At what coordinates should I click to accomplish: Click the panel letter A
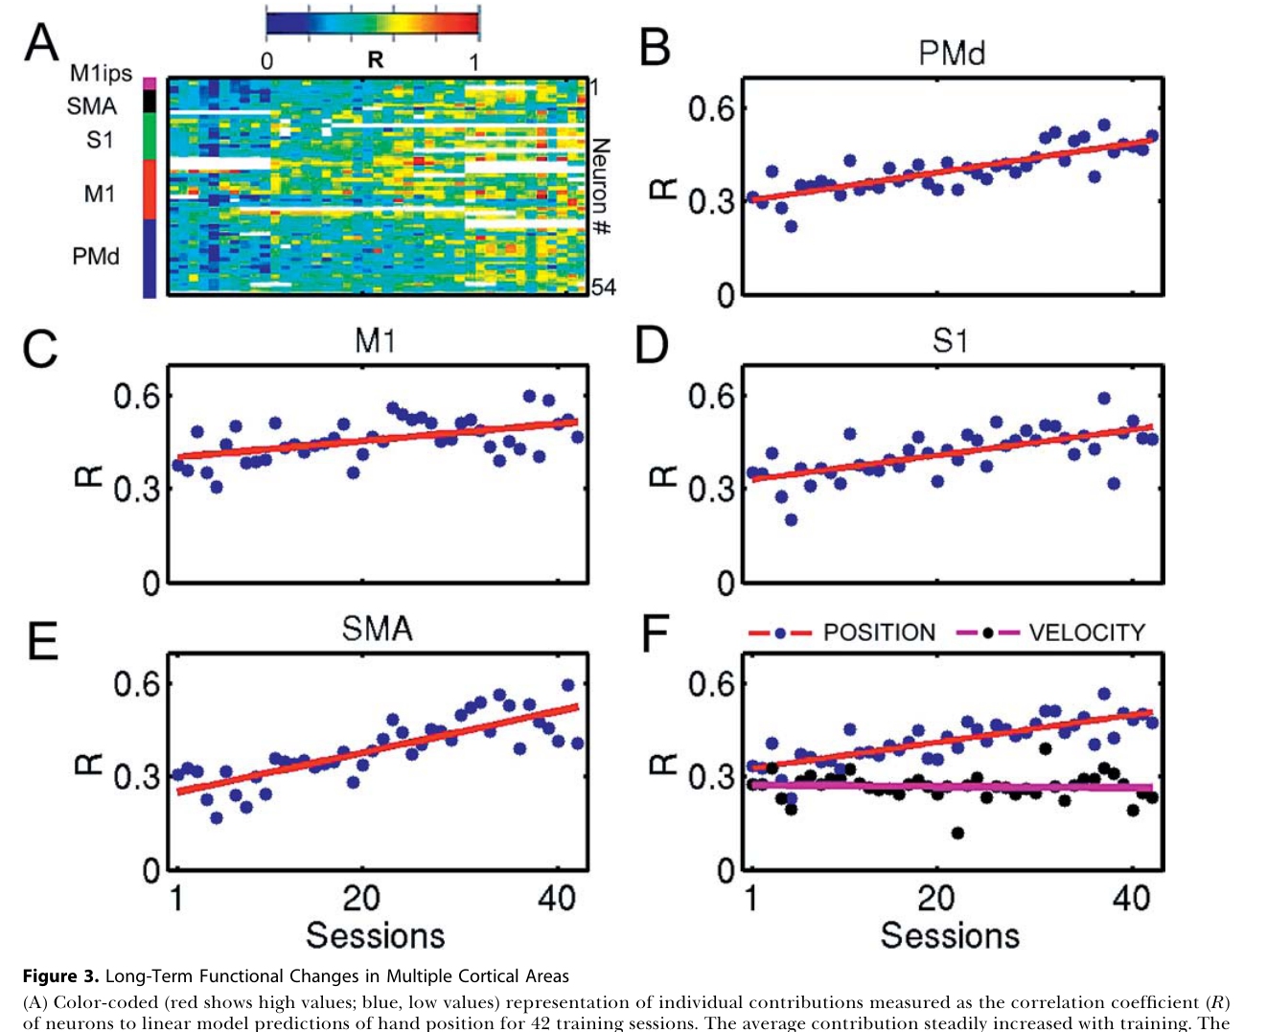(41, 42)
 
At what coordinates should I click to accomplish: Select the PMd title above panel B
(951, 53)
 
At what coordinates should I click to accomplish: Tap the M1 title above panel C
(375, 341)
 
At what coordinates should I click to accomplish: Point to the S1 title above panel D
(950, 341)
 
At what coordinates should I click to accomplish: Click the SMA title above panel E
(377, 629)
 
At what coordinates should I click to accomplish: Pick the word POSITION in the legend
(879, 632)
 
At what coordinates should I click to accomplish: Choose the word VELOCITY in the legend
(1087, 632)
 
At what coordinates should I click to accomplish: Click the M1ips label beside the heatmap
(102, 74)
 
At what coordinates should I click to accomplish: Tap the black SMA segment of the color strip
(150, 101)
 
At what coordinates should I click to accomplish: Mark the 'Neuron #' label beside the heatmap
(601, 186)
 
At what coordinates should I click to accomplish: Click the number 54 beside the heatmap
(603, 287)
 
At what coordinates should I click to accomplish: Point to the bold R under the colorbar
(376, 59)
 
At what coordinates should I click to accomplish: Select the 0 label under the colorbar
(267, 60)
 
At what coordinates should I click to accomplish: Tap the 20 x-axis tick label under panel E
(361, 898)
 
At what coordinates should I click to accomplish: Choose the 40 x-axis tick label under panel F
(1131, 898)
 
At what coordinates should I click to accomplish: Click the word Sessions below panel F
(950, 935)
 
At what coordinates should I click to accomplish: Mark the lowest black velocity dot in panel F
(957, 834)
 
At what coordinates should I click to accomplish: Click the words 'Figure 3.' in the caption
(60, 976)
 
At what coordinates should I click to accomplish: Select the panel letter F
(656, 632)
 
